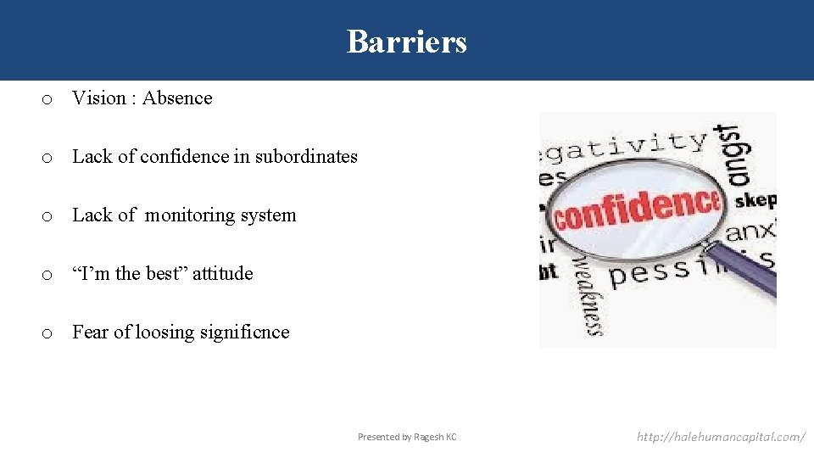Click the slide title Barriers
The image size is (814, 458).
pos(406,41)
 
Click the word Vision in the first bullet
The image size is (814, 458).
pos(99,98)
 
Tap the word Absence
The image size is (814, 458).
pos(177,98)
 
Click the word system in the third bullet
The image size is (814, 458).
pos(268,215)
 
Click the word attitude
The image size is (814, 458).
pos(223,273)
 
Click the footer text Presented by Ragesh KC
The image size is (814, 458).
pos(406,437)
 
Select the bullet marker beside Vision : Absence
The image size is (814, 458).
pos(49,99)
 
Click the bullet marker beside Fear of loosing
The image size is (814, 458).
pos(49,333)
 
